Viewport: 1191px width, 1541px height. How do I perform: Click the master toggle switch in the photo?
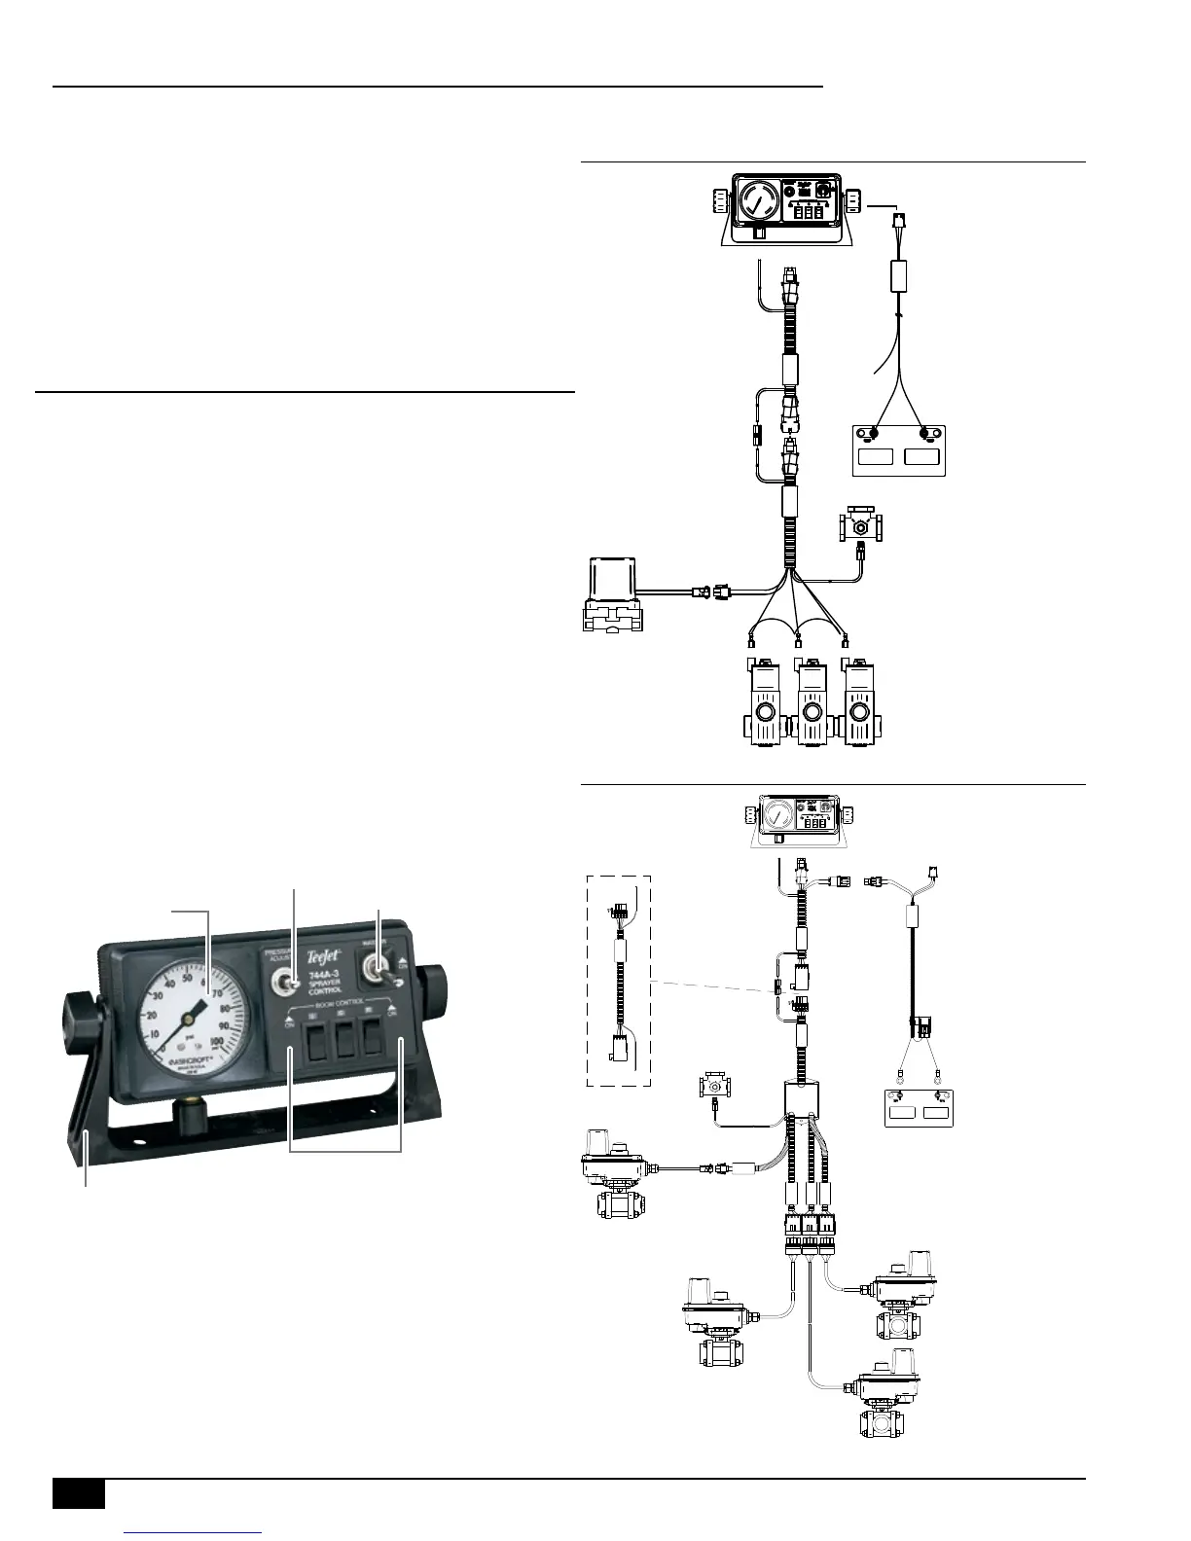point(374,973)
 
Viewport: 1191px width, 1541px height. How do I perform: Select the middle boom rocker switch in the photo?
point(345,1040)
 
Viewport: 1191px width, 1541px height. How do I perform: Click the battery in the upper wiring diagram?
point(899,450)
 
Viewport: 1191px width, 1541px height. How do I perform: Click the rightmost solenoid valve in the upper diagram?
point(858,703)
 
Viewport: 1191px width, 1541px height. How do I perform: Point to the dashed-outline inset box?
point(619,981)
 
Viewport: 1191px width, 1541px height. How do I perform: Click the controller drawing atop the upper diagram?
point(786,209)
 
